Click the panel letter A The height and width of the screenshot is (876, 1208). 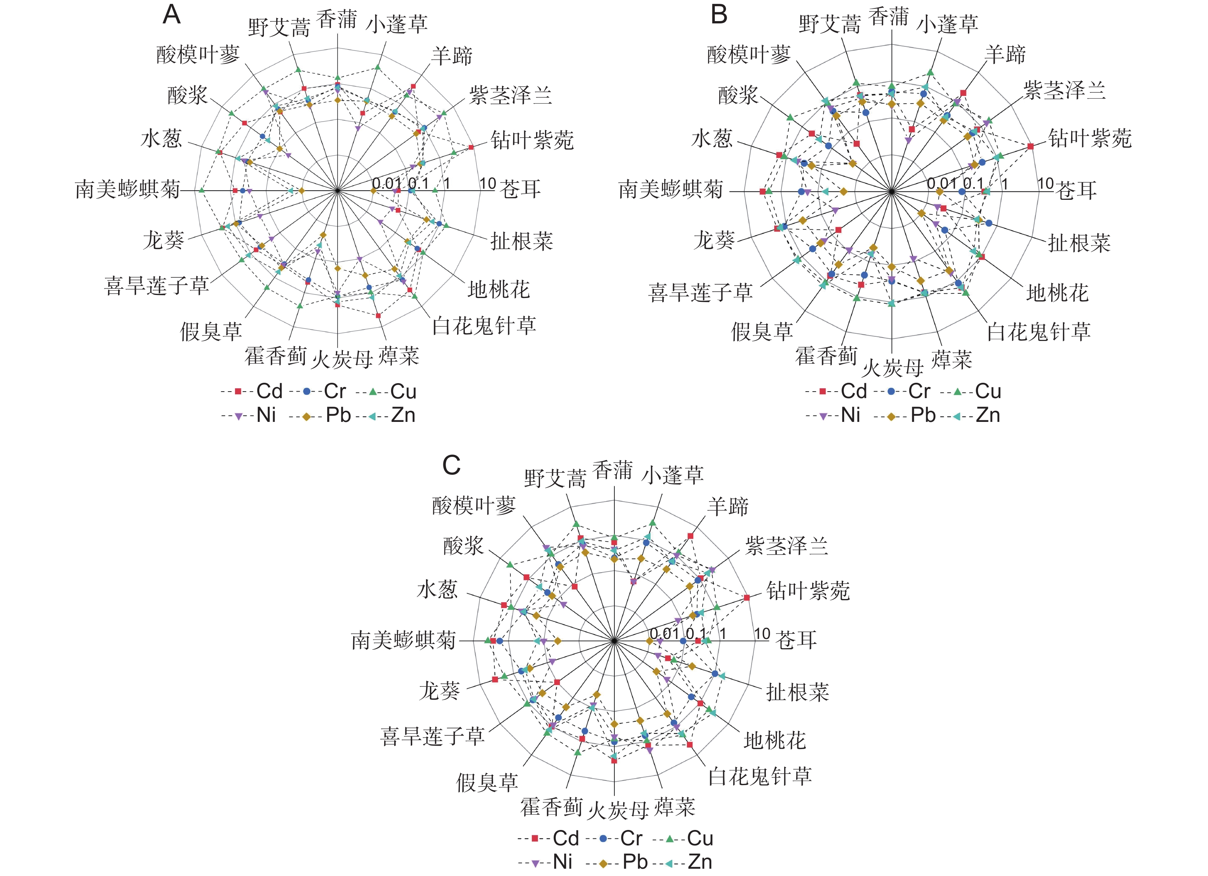[x=171, y=15]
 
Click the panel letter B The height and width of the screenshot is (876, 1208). [x=719, y=15]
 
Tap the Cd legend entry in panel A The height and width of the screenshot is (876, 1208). [x=255, y=392]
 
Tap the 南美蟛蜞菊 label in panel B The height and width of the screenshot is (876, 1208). [x=670, y=190]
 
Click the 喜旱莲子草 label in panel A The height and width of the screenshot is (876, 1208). [x=156, y=286]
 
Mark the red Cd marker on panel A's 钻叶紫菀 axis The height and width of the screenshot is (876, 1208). [x=471, y=147]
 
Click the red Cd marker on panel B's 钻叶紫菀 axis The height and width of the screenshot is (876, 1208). [x=1031, y=146]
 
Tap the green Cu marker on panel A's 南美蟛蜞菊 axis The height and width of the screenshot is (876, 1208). [x=201, y=190]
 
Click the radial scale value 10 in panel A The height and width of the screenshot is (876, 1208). [x=488, y=184]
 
